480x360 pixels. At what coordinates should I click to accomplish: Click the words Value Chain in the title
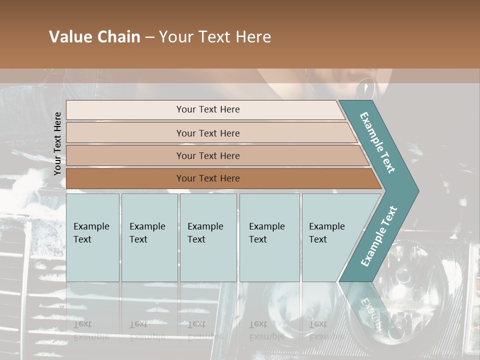pos(94,37)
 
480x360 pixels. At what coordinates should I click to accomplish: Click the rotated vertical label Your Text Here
pos(58,143)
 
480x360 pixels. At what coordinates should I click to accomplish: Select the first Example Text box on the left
pos(92,237)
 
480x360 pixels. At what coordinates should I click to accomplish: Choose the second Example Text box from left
pos(149,237)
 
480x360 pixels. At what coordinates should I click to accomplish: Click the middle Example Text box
pos(208,237)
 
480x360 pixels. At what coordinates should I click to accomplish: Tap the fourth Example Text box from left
pos(269,237)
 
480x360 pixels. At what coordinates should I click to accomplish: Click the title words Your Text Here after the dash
pos(215,37)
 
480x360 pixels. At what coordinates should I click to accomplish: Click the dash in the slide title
pos(149,37)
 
